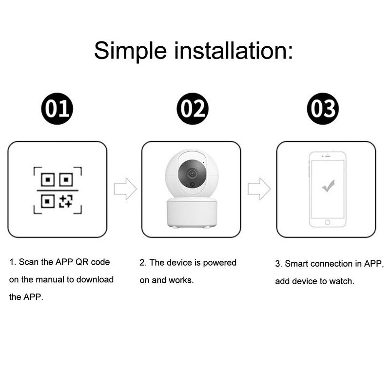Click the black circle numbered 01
[x=57, y=109]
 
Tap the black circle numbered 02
[x=192, y=109]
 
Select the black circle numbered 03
[x=322, y=109]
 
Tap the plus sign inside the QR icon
[x=66, y=200]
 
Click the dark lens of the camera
[x=191, y=173]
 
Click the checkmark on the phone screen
[x=328, y=186]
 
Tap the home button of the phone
[x=328, y=222]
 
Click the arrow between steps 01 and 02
[x=125, y=189]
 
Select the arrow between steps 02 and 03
[x=259, y=189]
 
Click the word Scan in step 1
[x=29, y=262]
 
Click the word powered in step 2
[x=219, y=263]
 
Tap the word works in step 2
[x=181, y=280]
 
